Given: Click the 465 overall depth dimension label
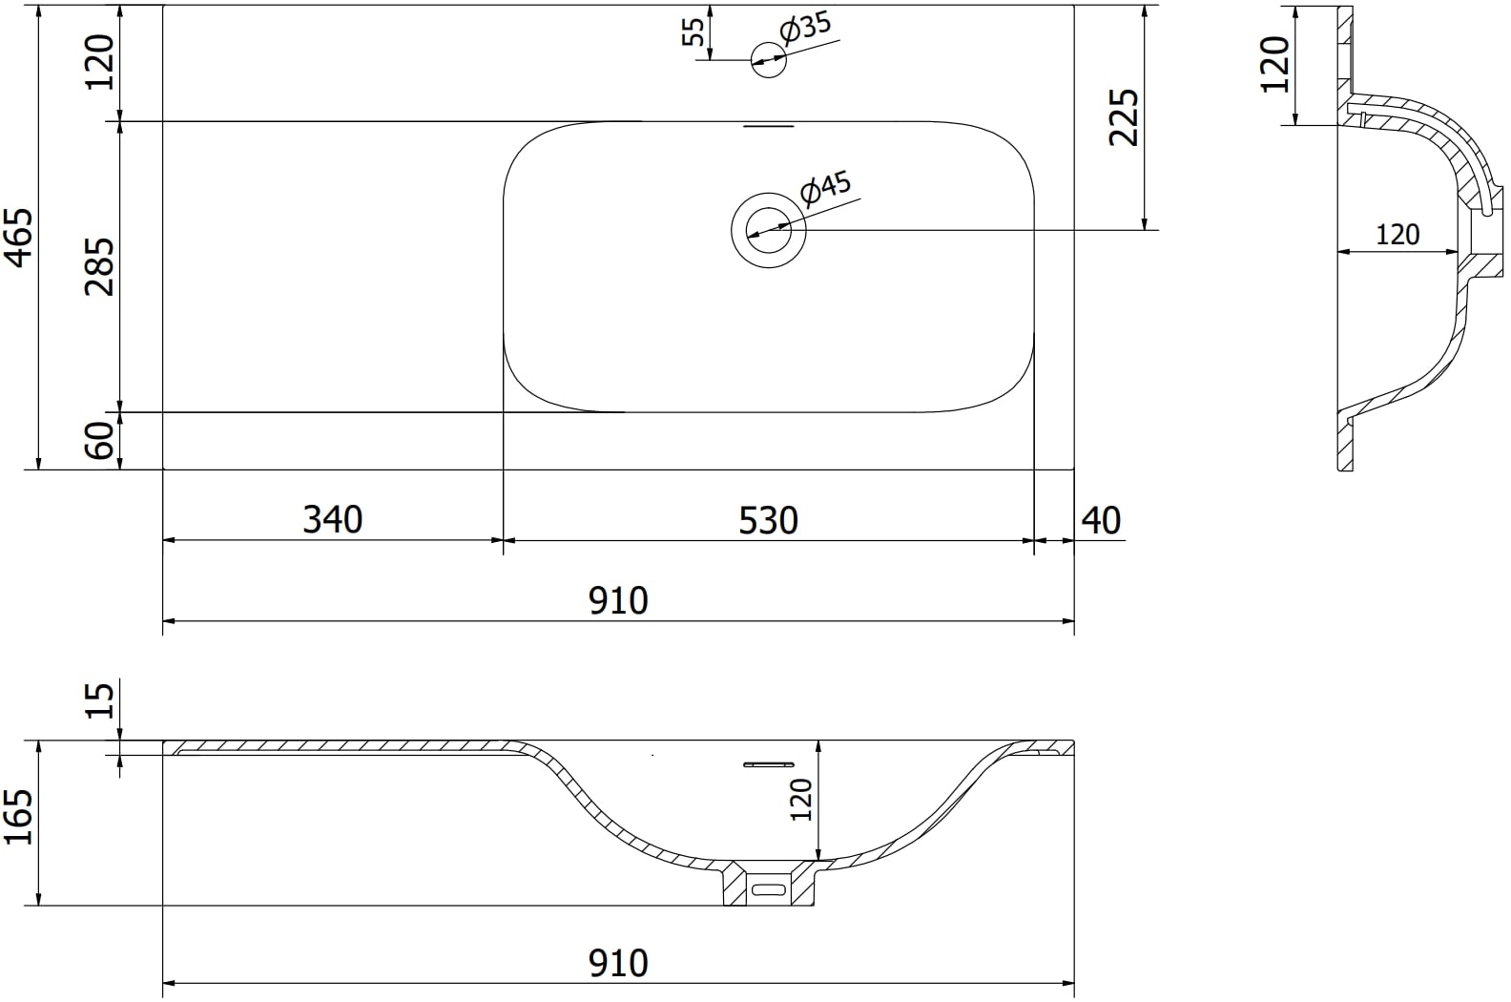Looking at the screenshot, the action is [19, 238].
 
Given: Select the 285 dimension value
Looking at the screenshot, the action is [100, 266].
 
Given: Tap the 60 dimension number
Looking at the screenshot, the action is [100, 440].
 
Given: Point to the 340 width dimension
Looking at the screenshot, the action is [333, 519].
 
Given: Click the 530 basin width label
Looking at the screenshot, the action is [768, 520].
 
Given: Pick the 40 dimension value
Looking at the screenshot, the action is [1101, 520].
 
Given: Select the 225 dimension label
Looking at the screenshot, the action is [1124, 116].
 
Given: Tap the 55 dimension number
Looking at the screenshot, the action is [693, 31].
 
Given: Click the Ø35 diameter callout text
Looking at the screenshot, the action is [805, 27].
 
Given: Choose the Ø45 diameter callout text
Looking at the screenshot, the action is [826, 188].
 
